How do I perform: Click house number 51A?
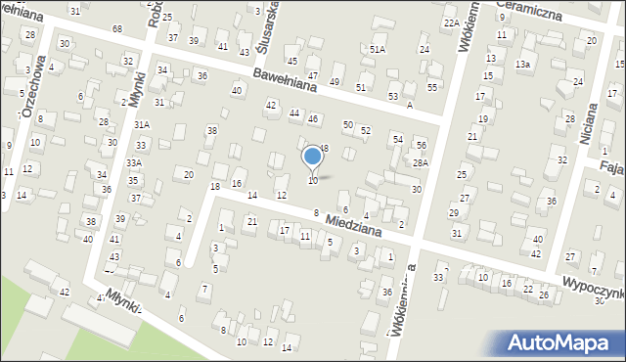[x=377, y=49]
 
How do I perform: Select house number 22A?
[x=450, y=23]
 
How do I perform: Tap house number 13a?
[x=523, y=65]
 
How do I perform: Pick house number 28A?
[x=420, y=162]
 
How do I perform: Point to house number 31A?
[x=142, y=124]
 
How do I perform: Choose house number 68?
[x=116, y=28]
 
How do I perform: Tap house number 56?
[x=422, y=145]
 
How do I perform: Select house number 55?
[x=431, y=87]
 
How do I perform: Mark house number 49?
[x=335, y=81]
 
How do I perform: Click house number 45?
[x=291, y=62]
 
